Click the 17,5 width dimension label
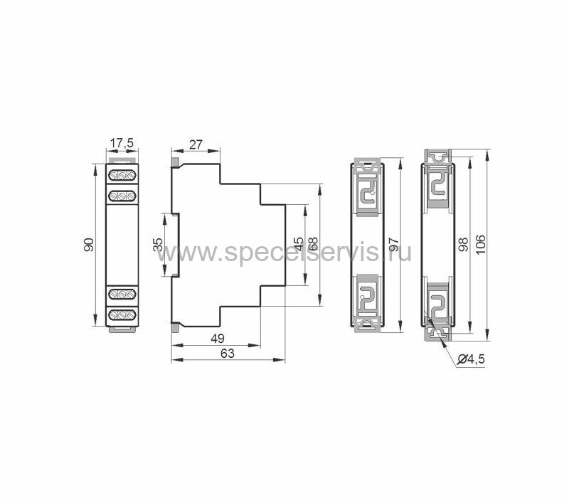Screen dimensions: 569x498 (122, 144)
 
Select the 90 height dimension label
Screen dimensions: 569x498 (89, 245)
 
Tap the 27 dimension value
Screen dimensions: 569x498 (196, 144)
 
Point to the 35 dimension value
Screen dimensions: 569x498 (158, 245)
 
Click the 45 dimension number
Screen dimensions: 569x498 (298, 244)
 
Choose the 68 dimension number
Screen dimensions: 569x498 (312, 244)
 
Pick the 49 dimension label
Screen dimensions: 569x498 (218, 339)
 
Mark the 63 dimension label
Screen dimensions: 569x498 (228, 353)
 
